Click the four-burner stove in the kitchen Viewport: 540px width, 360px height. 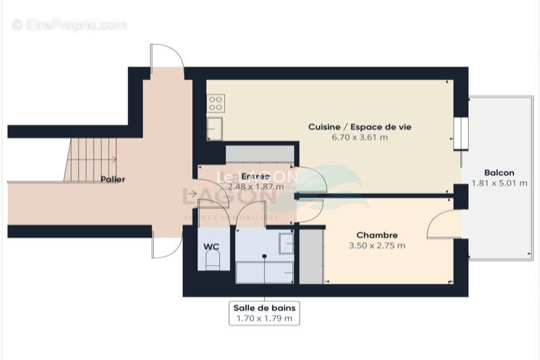pos(215,104)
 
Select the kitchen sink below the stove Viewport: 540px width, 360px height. pos(215,128)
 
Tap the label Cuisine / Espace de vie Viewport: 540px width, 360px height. pos(359,126)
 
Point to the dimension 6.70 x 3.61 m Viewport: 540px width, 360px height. pos(359,137)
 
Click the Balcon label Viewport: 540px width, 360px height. pos(499,173)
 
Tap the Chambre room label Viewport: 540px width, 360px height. pos(377,235)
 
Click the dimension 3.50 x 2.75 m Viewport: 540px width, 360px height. pos(377,245)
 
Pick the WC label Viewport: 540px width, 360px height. pos(211,247)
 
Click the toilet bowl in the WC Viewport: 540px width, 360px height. pos(211,263)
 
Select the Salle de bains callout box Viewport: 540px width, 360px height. pos(264,313)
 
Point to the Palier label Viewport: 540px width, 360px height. pos(112,179)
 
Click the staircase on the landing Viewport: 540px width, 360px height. pos(91,160)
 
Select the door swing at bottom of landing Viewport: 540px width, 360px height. pos(165,247)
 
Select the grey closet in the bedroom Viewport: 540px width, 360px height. pos(311,256)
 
